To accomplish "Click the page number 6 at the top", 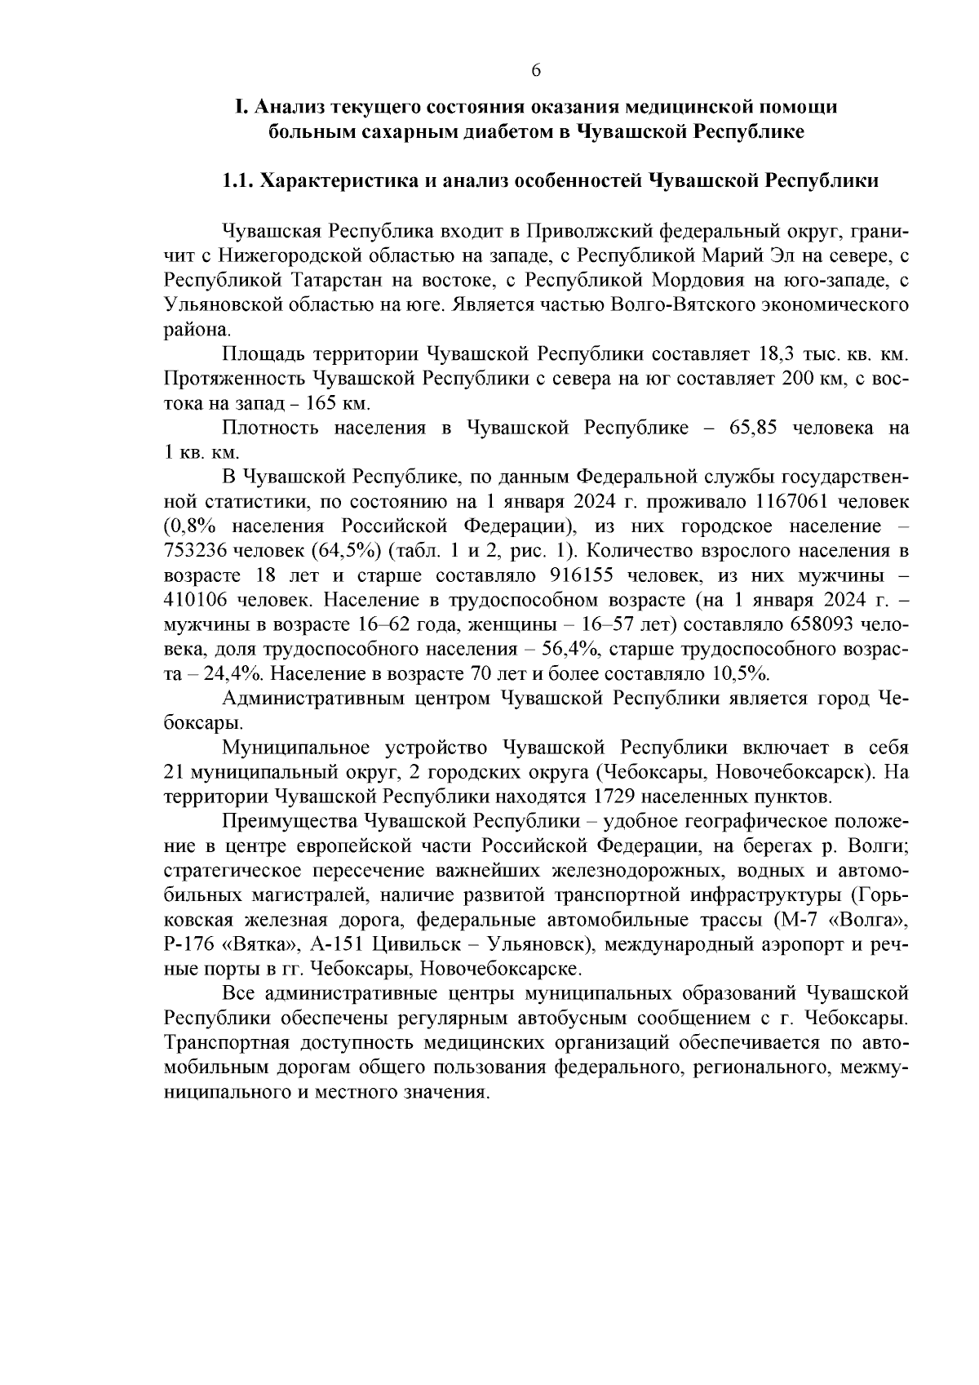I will pos(535,70).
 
